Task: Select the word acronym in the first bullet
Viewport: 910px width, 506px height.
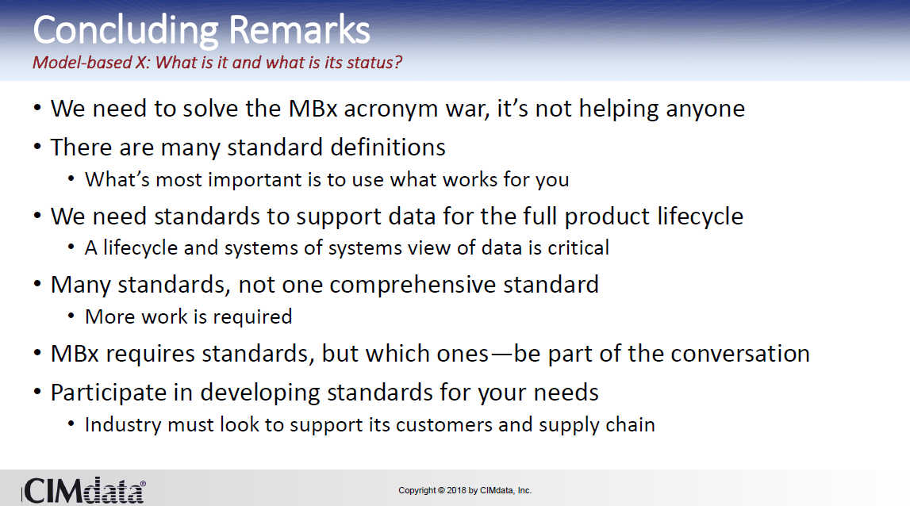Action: click(x=391, y=109)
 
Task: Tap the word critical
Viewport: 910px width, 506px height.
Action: click(x=578, y=247)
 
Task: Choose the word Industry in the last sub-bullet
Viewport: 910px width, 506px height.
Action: click(x=123, y=425)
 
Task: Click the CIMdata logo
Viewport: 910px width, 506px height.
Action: click(x=83, y=491)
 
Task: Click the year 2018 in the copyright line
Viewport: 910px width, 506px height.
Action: click(x=456, y=490)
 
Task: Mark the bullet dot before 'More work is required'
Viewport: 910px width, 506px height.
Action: click(x=71, y=316)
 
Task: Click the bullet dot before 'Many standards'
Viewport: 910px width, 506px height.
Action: click(x=37, y=285)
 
